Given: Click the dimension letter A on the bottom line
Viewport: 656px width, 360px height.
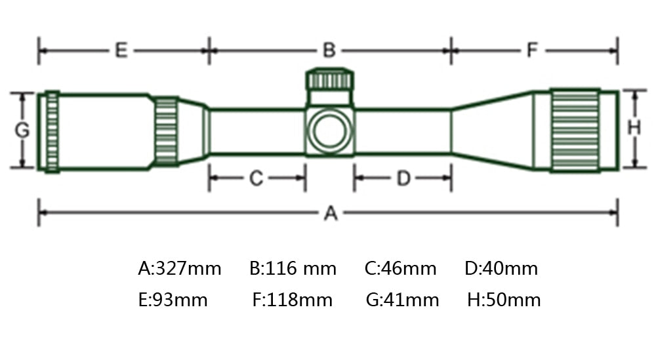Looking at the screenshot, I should [331, 213].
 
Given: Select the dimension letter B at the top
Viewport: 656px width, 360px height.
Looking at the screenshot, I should [329, 50].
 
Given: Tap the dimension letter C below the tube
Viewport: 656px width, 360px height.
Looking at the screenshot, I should [256, 178].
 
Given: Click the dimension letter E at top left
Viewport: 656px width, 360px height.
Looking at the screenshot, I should [121, 50].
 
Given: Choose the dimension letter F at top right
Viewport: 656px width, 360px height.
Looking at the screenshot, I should [533, 50].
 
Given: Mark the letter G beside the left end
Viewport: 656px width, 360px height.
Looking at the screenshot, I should [22, 130].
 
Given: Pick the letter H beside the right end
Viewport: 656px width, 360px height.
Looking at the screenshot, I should [634, 129].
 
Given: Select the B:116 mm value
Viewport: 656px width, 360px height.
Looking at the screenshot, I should [293, 268].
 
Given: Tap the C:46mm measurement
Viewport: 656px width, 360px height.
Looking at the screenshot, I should [400, 268].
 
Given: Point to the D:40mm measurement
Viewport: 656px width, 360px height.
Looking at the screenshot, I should [501, 268].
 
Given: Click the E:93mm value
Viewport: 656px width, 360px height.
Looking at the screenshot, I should [173, 300].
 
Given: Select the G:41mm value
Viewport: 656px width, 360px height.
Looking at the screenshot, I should [402, 300].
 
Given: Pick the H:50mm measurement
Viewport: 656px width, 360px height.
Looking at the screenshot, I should [504, 300].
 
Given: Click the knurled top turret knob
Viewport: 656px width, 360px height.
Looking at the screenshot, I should [331, 80].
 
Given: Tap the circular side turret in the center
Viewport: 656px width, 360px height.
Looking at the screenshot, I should [329, 130].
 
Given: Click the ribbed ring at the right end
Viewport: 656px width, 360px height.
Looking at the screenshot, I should [575, 130].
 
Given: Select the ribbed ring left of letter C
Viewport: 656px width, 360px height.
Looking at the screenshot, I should [166, 131].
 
